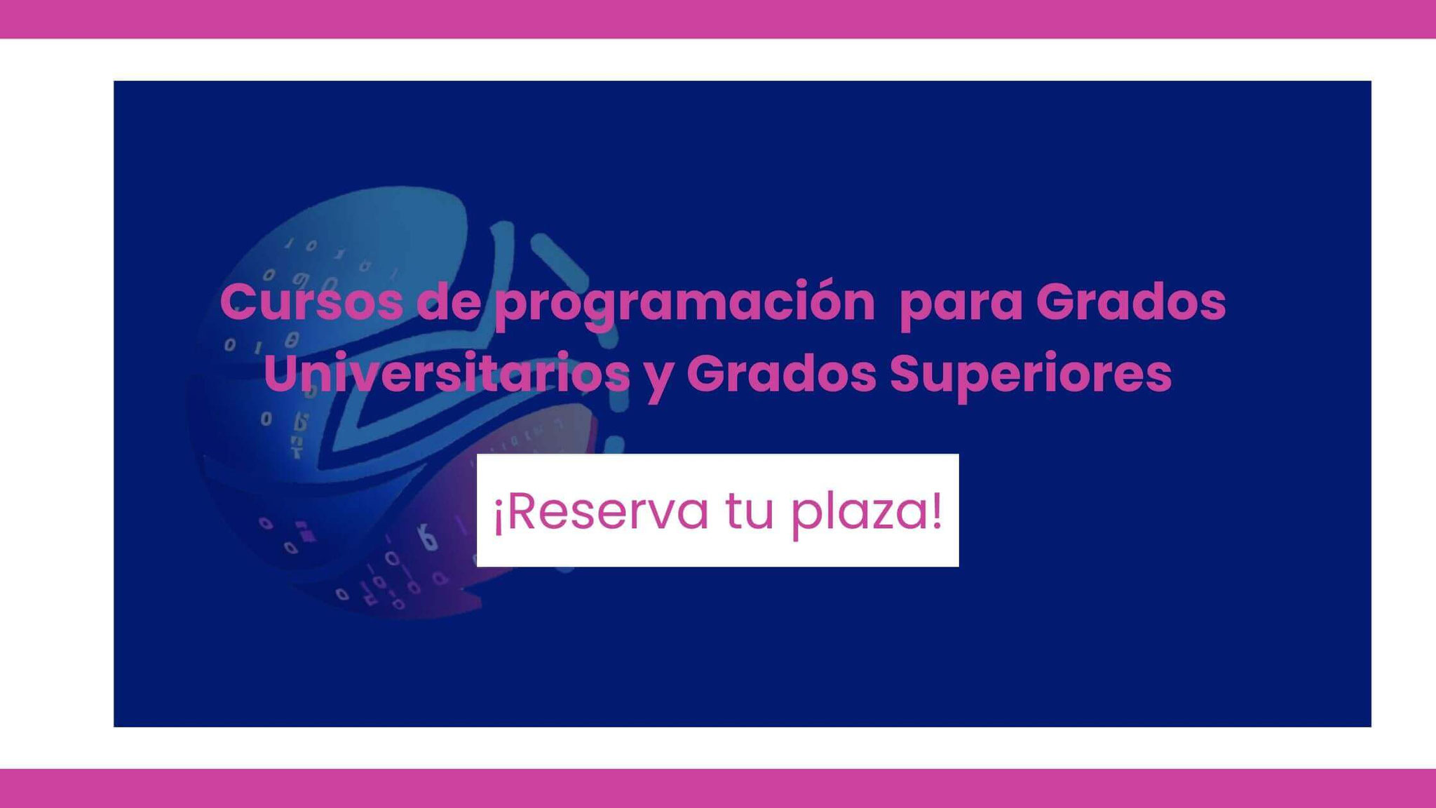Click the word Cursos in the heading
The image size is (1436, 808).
click(311, 302)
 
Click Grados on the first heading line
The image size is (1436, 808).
click(1131, 302)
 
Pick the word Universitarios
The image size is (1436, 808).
click(447, 373)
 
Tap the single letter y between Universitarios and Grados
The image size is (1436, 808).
click(658, 382)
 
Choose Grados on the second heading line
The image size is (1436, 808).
click(781, 373)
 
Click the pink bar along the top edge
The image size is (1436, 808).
click(718, 19)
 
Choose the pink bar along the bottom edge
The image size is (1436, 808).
click(718, 788)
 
